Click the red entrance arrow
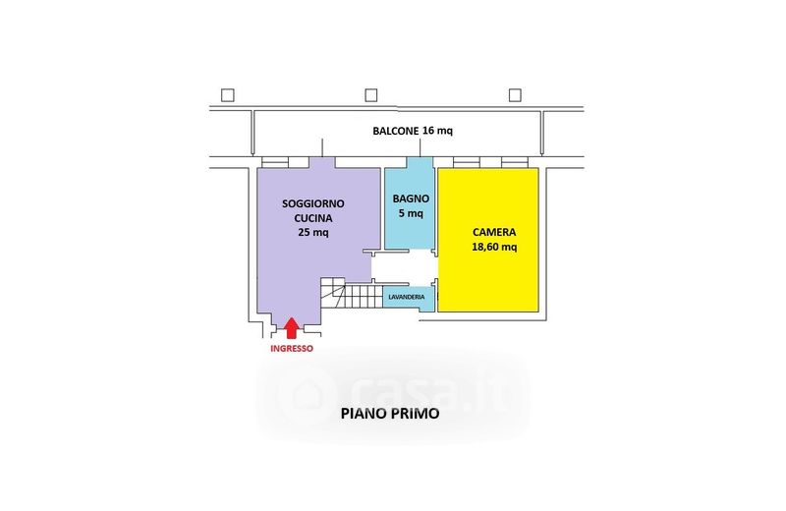[x=292, y=328]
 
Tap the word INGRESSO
[x=292, y=348]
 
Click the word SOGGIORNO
[x=313, y=203]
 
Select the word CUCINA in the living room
[x=313, y=218]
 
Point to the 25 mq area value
[x=313, y=233]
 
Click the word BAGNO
[x=410, y=198]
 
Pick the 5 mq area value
[x=410, y=212]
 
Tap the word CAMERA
[x=494, y=232]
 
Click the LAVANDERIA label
[x=406, y=296]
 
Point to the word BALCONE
[x=395, y=131]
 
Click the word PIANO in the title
[x=362, y=414]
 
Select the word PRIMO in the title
[x=414, y=414]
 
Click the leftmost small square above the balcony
[x=228, y=95]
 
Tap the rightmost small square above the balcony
[x=514, y=95]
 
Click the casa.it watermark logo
[x=393, y=391]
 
